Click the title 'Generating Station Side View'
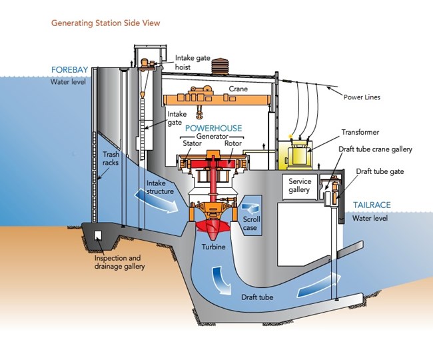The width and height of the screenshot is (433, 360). (x=105, y=23)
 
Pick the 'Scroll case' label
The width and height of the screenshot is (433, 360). (x=252, y=223)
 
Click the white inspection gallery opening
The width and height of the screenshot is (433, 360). (x=98, y=235)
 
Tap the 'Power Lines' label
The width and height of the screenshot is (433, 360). (x=362, y=96)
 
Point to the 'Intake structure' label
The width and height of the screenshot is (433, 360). (x=160, y=187)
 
